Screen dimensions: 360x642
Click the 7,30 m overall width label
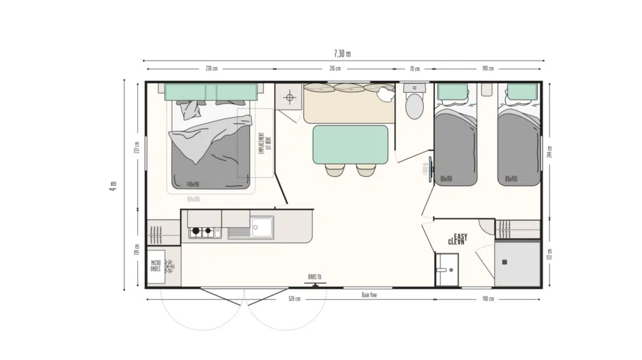pos(342,53)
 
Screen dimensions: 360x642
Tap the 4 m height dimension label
pos(113,187)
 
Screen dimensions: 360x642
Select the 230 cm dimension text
pos(211,68)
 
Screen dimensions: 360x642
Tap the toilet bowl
pos(414,107)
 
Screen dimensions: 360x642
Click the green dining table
pos(350,144)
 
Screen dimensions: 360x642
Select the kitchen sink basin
pos(261,226)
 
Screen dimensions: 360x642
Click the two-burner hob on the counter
pos(202,232)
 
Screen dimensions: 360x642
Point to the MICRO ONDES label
pos(155,266)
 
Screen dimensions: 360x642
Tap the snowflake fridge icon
pos(169,266)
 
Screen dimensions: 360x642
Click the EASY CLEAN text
pos(457,239)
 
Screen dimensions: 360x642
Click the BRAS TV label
pos(314,276)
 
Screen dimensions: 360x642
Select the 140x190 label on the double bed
pos(192,184)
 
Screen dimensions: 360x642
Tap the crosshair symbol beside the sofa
pos(289,97)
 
